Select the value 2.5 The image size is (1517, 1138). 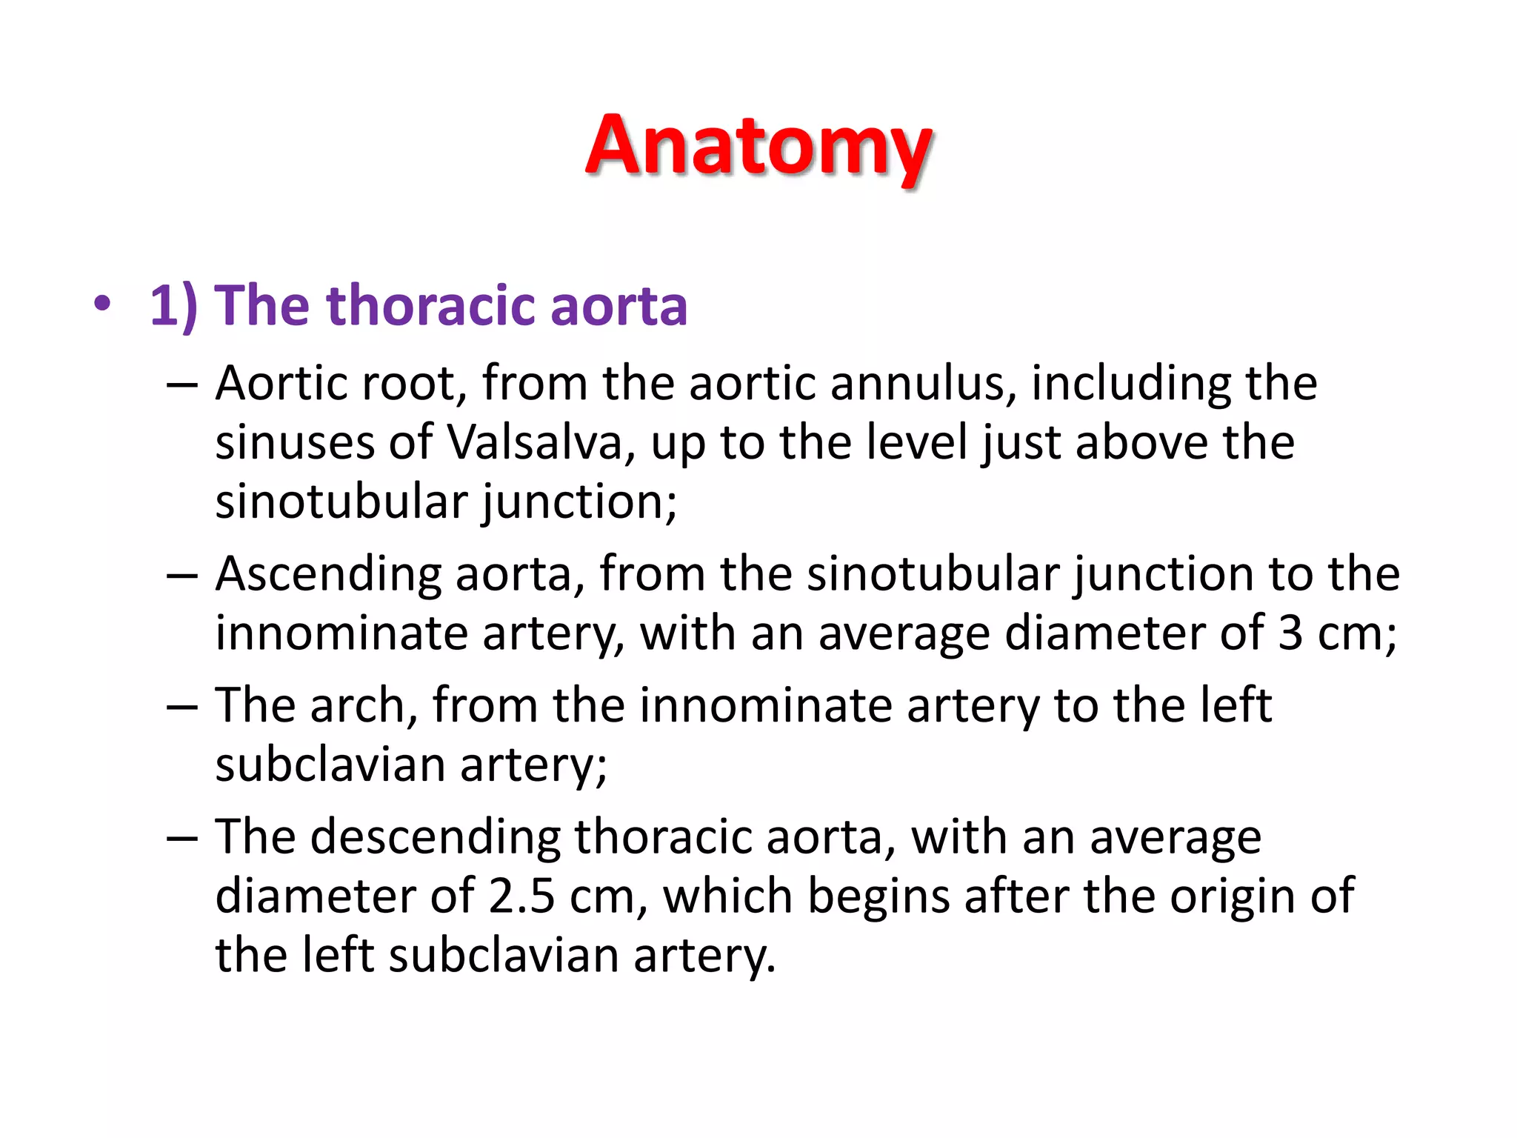pyautogui.click(x=521, y=896)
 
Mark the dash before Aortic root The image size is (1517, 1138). pyautogui.click(x=182, y=385)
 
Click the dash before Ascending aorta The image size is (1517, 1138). pyautogui.click(x=182, y=576)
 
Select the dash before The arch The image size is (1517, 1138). pyautogui.click(x=182, y=707)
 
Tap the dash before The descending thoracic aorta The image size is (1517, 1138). pyautogui.click(x=182, y=839)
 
